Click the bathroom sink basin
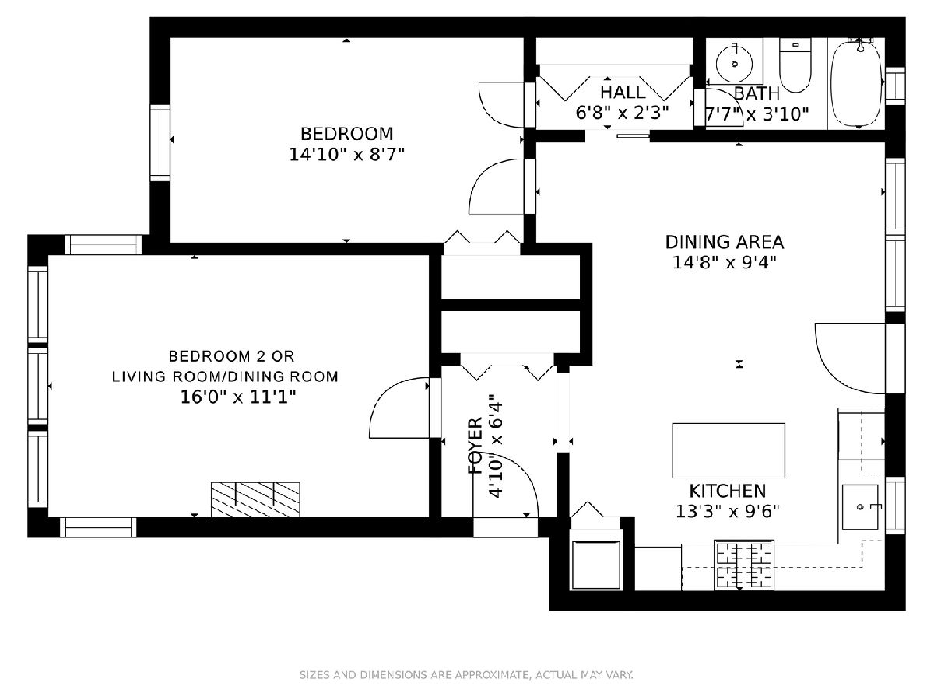[x=734, y=64]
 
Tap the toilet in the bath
[x=795, y=65]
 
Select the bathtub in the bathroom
[x=857, y=83]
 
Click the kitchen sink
[x=860, y=506]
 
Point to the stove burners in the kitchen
[x=744, y=565]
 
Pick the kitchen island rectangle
[x=729, y=450]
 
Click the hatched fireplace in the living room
[x=255, y=499]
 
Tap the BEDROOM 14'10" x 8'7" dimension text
[x=346, y=154]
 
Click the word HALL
[x=623, y=92]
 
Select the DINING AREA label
[x=724, y=242]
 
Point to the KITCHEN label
[x=728, y=492]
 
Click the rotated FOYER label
[x=476, y=446]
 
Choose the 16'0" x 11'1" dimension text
[x=238, y=397]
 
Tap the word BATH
[x=757, y=93]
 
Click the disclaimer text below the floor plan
[x=466, y=674]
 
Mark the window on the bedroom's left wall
[x=160, y=143]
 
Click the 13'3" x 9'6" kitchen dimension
[x=728, y=512]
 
